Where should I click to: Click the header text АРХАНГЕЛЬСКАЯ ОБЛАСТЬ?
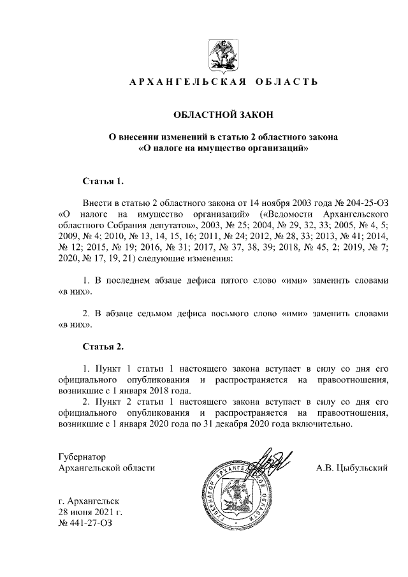220,82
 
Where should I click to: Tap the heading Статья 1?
102,182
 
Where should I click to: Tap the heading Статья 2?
102,347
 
